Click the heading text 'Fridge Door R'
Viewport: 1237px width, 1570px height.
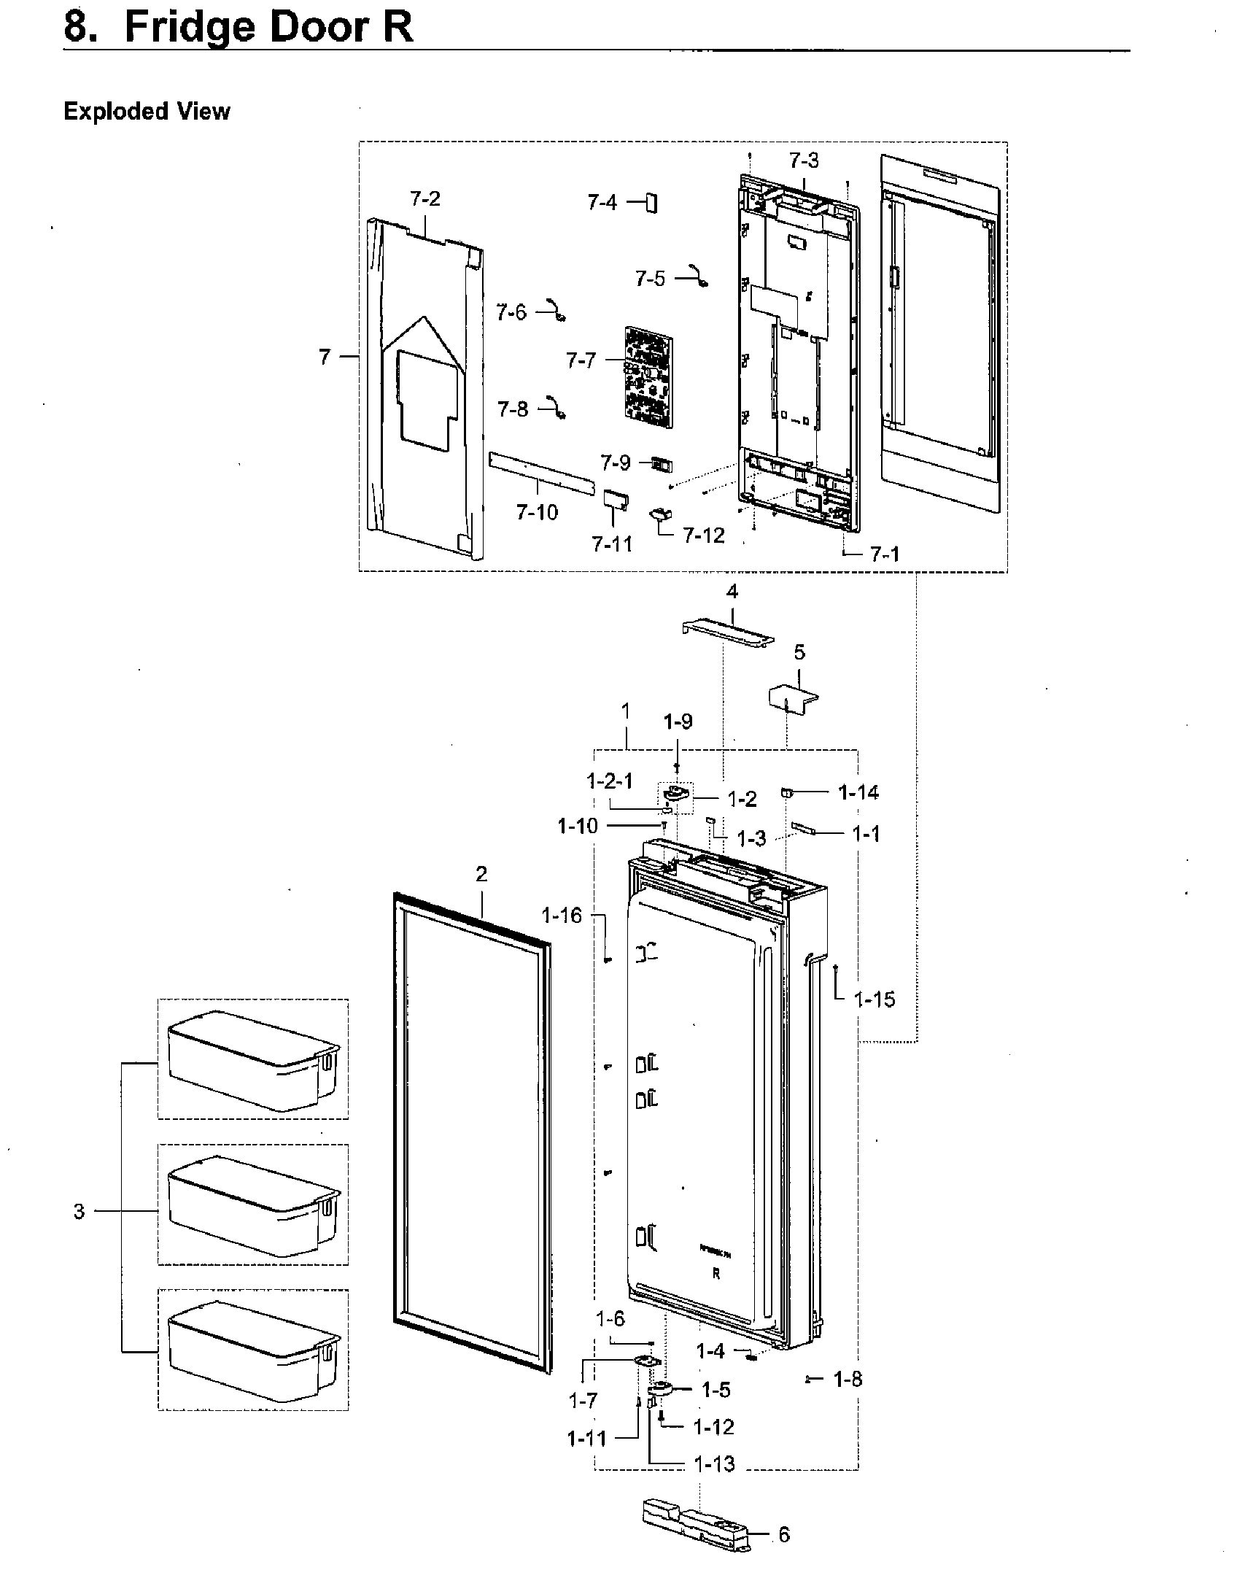(x=268, y=28)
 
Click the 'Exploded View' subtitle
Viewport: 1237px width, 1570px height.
(x=147, y=112)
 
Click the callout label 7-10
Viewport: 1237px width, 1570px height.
(x=537, y=513)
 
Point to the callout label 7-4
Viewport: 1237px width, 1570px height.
(x=602, y=202)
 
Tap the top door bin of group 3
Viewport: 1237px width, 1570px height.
(x=252, y=1060)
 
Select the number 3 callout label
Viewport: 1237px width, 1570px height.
(x=79, y=1211)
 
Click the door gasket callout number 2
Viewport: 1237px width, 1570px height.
(x=481, y=874)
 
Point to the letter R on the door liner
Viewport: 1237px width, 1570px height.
(x=716, y=1275)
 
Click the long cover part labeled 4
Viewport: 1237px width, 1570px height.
(x=727, y=632)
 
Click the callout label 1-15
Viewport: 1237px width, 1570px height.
(x=874, y=999)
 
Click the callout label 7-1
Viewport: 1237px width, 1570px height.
(x=885, y=555)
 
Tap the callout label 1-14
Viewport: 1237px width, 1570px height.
(x=858, y=792)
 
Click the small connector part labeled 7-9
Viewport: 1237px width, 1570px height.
(x=662, y=465)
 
